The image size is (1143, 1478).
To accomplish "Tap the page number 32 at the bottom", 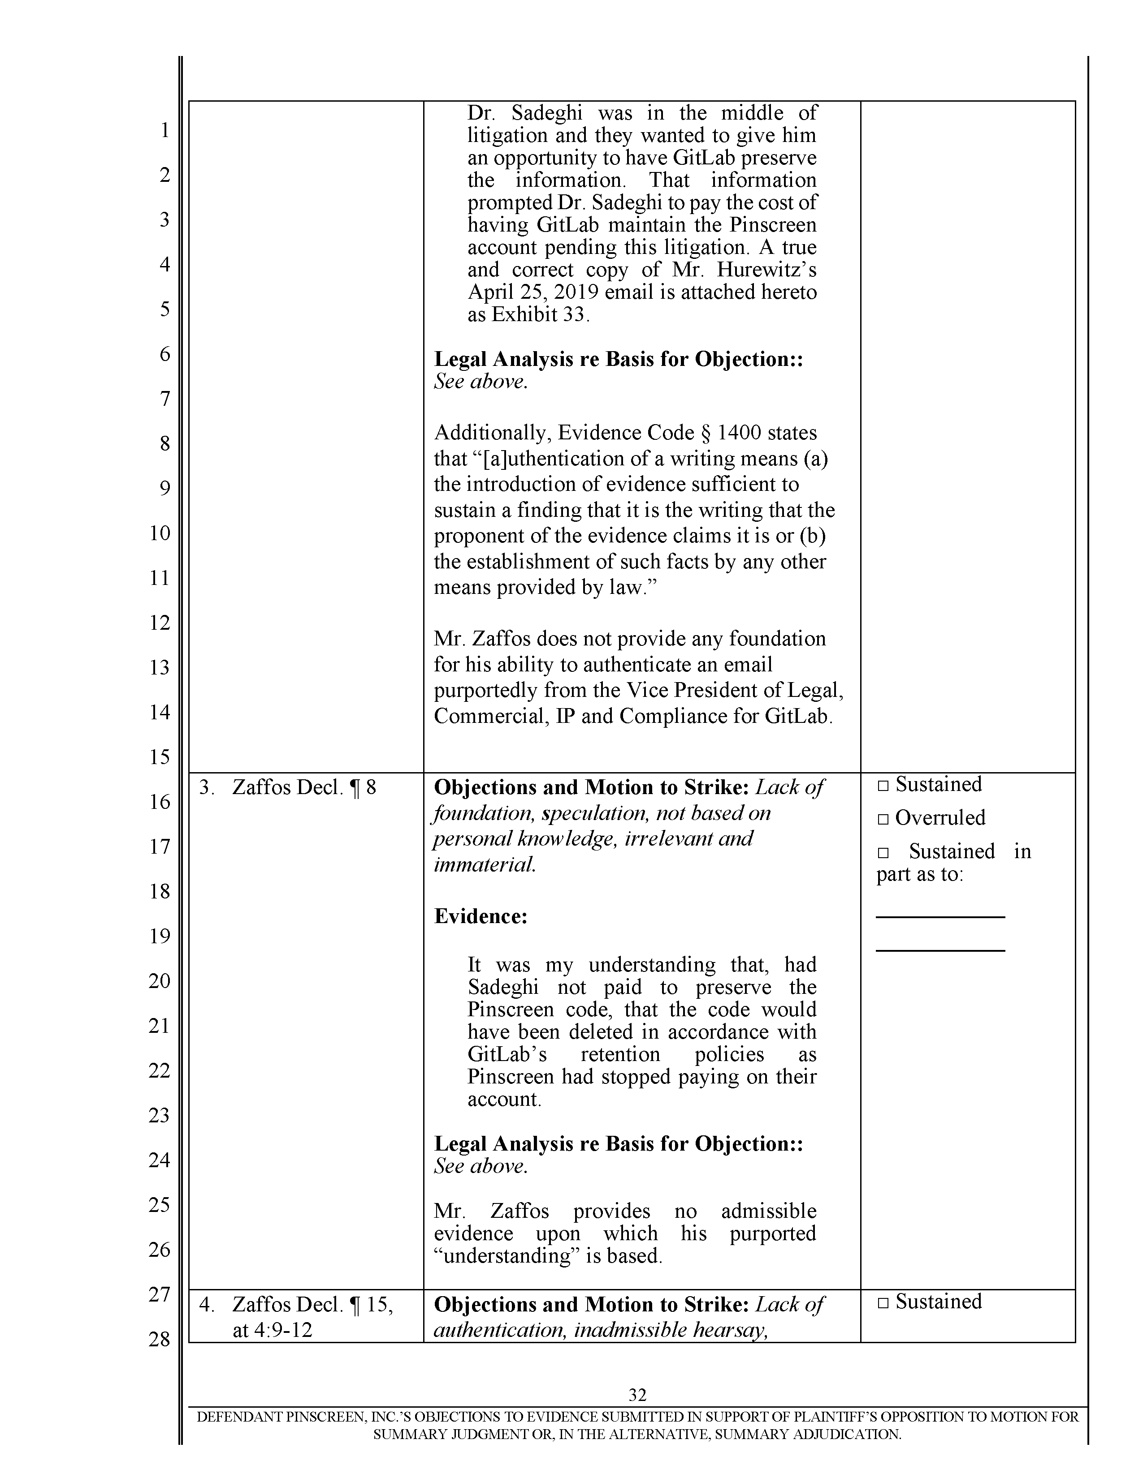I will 637,1395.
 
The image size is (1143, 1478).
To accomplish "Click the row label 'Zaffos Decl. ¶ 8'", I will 303,788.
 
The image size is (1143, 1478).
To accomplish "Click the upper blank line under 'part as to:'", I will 940,917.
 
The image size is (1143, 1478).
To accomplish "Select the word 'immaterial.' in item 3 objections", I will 485,865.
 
